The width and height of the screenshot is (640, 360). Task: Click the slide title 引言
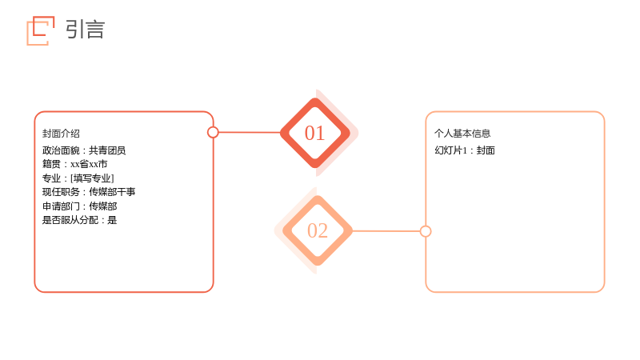coord(85,30)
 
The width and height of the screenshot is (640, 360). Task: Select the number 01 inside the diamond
coord(314,133)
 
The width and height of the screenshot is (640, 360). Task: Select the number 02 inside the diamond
coord(318,230)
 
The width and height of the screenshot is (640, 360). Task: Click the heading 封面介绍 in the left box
coord(61,134)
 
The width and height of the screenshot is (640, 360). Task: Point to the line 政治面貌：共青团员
coord(84,150)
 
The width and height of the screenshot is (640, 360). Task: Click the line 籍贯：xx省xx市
coord(74,164)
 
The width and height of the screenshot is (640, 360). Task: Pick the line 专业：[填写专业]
coord(78,178)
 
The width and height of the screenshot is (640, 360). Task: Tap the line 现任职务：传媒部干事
coord(89,192)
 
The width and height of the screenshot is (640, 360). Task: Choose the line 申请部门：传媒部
coord(79,206)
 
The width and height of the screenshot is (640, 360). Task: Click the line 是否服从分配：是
coord(79,221)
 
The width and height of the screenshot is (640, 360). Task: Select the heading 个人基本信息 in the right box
coord(462,134)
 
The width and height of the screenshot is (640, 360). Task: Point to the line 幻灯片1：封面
coord(465,150)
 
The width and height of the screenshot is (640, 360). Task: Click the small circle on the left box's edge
coord(213,132)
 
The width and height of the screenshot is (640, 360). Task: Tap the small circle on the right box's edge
coord(426,231)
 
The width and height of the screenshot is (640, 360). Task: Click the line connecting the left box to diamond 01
coord(250,132)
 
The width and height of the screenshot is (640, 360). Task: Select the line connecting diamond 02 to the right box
coord(386,231)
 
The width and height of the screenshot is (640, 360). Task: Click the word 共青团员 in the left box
coord(107,150)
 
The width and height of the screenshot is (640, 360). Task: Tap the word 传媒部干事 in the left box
coord(112,192)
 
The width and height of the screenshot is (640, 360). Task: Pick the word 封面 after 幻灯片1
coord(486,150)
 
